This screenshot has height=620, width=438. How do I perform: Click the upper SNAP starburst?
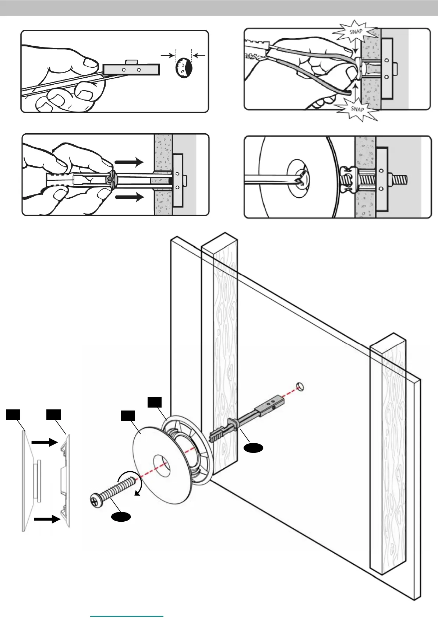coord(355,32)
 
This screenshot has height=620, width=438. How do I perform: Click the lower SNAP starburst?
coord(357,109)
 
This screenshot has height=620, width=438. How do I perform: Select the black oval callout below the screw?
coord(121,517)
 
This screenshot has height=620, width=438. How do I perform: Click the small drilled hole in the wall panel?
coord(300,387)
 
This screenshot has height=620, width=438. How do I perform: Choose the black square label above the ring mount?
coord(155,402)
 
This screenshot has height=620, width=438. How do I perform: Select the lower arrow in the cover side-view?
coord(47,519)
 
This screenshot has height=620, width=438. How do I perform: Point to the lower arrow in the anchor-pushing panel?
coord(129,197)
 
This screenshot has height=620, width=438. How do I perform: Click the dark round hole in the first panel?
coord(184,68)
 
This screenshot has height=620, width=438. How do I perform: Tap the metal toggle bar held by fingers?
coord(131,69)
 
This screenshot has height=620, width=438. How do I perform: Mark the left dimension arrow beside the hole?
coord(168,55)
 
